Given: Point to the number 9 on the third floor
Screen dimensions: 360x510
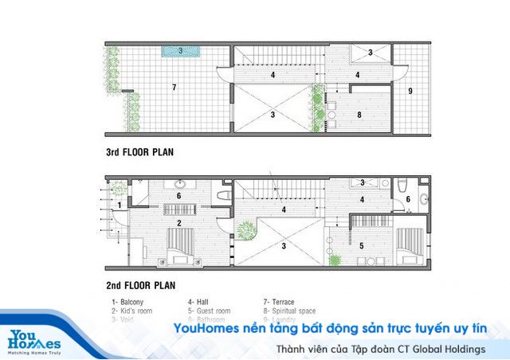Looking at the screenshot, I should point(410,91).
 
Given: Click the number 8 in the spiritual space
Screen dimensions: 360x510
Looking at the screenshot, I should point(359,115).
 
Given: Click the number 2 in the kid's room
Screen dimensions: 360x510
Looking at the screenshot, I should point(179,222).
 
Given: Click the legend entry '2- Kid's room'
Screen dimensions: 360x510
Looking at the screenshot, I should point(132,311).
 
